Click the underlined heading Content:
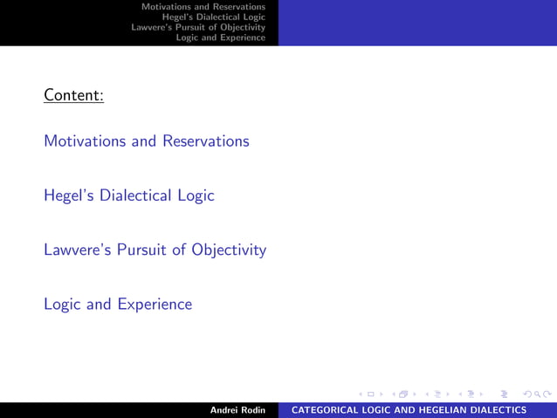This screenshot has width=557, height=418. coord(74,94)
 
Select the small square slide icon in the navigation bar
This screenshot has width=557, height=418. coord(370,393)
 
